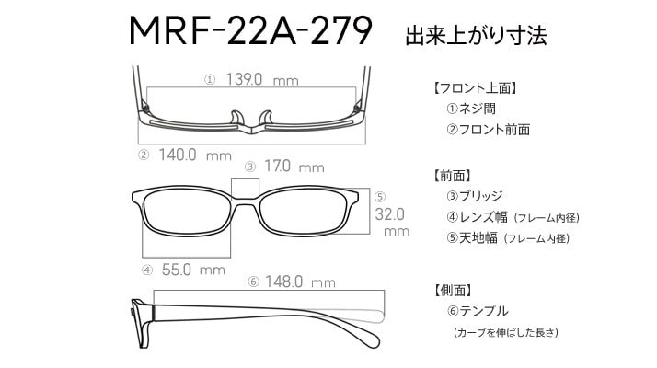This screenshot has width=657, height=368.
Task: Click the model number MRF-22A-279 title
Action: (x=250, y=31)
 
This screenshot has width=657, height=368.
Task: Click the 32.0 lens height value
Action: (x=389, y=214)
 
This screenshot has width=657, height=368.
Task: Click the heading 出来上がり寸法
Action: (x=476, y=36)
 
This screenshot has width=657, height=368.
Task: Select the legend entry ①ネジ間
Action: (x=471, y=109)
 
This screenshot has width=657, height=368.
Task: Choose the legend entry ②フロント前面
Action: (x=488, y=130)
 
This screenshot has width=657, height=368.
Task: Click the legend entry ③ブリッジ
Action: (x=475, y=196)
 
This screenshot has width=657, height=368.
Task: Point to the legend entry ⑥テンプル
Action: (x=478, y=311)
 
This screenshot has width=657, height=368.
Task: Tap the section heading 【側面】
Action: (x=453, y=291)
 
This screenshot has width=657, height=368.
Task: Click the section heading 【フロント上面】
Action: (x=475, y=88)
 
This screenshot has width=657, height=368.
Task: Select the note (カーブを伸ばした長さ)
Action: (x=506, y=332)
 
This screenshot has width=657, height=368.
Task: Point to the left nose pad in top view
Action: (x=236, y=118)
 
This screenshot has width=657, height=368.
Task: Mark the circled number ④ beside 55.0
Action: (x=147, y=270)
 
